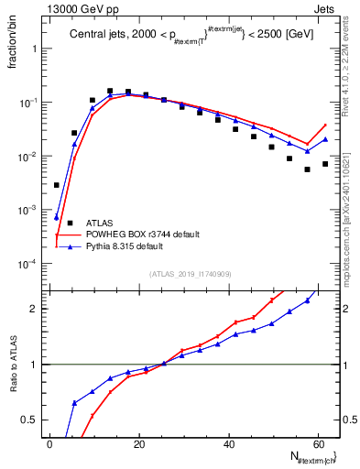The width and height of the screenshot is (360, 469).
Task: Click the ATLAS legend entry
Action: pyautogui.click(x=100, y=223)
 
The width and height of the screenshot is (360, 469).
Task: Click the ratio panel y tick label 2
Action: pyautogui.click(x=33, y=309)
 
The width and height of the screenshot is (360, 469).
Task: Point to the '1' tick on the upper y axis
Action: pyautogui.click(x=34, y=49)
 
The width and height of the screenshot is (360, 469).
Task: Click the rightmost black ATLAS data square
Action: pyautogui.click(x=325, y=164)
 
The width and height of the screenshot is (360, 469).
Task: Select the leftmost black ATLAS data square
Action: pyautogui.click(x=57, y=185)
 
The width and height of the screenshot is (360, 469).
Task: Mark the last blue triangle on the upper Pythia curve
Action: pyautogui.click(x=325, y=139)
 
